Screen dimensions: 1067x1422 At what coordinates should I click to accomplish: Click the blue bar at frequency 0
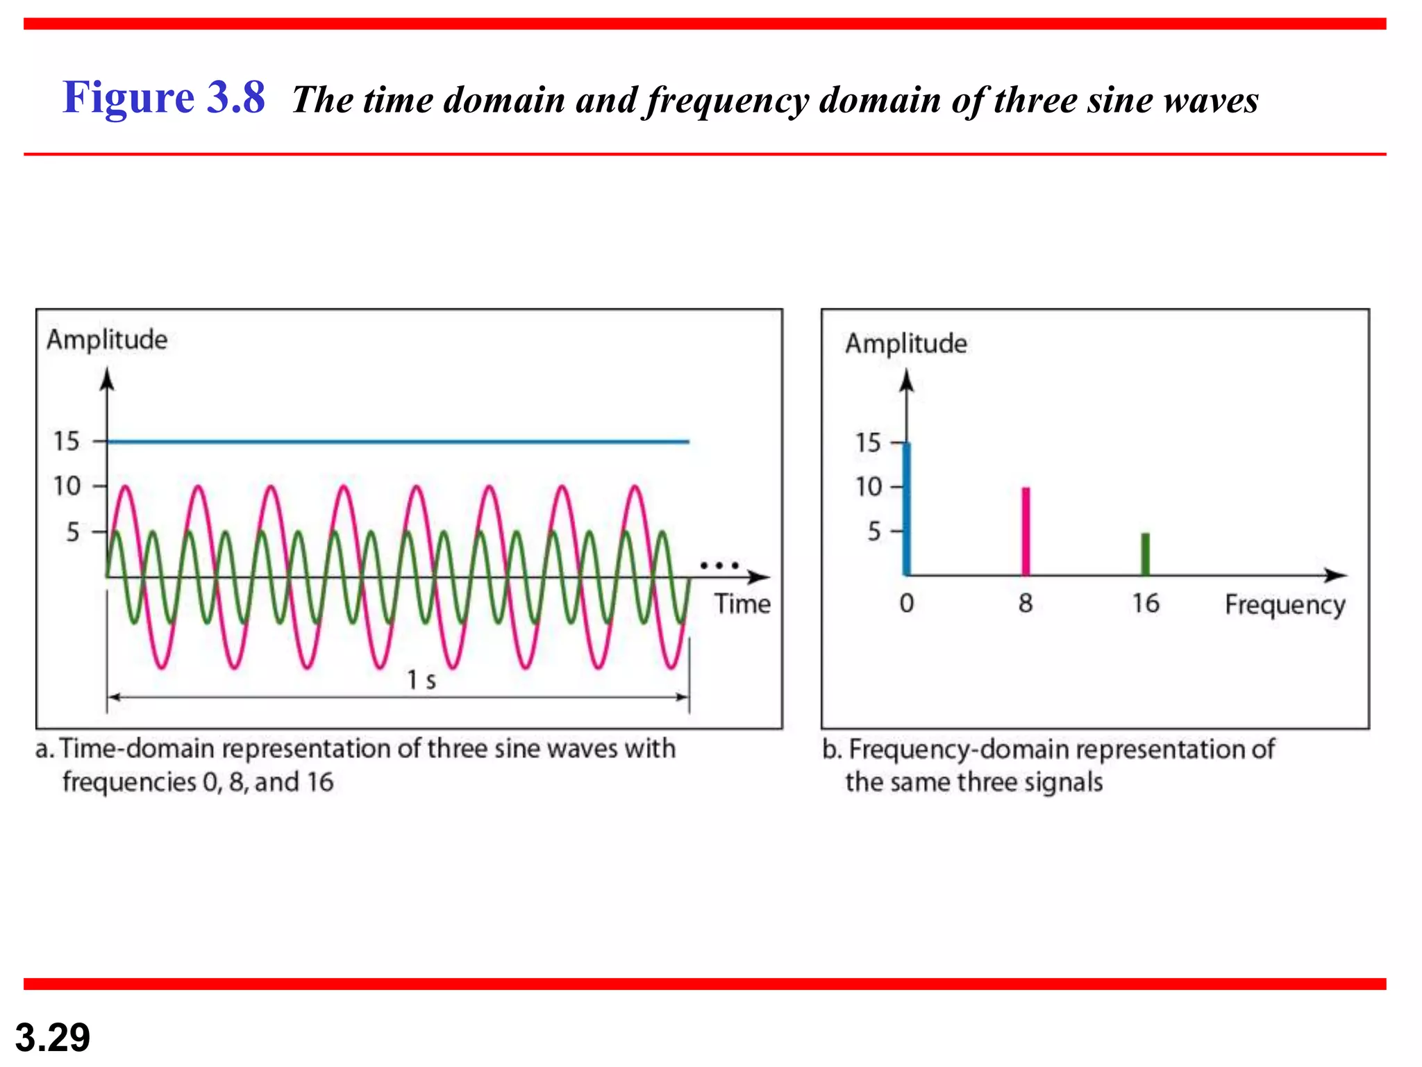tap(906, 509)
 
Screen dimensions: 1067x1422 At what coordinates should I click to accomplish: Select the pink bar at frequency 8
tap(1026, 531)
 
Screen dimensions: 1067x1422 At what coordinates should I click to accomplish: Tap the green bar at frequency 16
tap(1146, 554)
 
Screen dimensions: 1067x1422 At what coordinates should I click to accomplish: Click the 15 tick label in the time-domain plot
tap(67, 441)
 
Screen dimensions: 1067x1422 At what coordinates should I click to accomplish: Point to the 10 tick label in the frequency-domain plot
tap(868, 487)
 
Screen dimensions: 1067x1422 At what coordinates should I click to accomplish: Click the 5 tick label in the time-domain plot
tap(73, 532)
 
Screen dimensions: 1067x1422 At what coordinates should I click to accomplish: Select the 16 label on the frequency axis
tap(1146, 603)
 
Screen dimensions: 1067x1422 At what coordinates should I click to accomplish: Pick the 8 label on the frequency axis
tap(1026, 603)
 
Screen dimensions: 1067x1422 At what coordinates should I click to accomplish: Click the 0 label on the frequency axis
tap(906, 603)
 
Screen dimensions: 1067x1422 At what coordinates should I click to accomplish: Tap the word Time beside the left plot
tap(742, 604)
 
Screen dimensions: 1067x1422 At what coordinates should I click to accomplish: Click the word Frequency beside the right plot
tap(1285, 604)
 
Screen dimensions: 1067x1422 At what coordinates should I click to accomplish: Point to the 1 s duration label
tap(421, 679)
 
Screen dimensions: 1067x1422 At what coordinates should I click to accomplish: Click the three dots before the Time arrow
tap(719, 565)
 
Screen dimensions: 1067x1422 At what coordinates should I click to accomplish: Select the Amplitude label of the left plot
tap(107, 340)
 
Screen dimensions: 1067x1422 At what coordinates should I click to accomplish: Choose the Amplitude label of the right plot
tap(905, 343)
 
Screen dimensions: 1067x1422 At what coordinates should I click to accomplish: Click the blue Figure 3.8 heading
tap(164, 97)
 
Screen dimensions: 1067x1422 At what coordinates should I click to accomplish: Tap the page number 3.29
tap(53, 1037)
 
